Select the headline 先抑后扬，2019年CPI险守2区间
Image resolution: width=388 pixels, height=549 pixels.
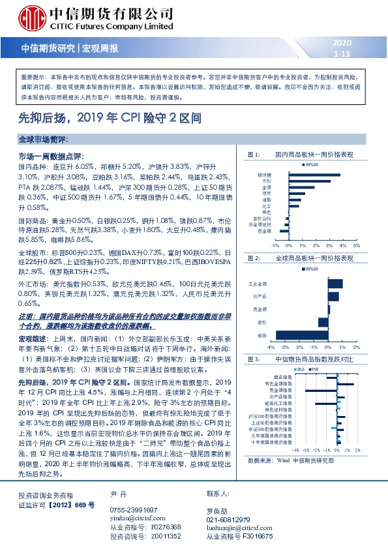pos(127,119)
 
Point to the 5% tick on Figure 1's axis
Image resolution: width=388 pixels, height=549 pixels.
pos(357,246)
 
